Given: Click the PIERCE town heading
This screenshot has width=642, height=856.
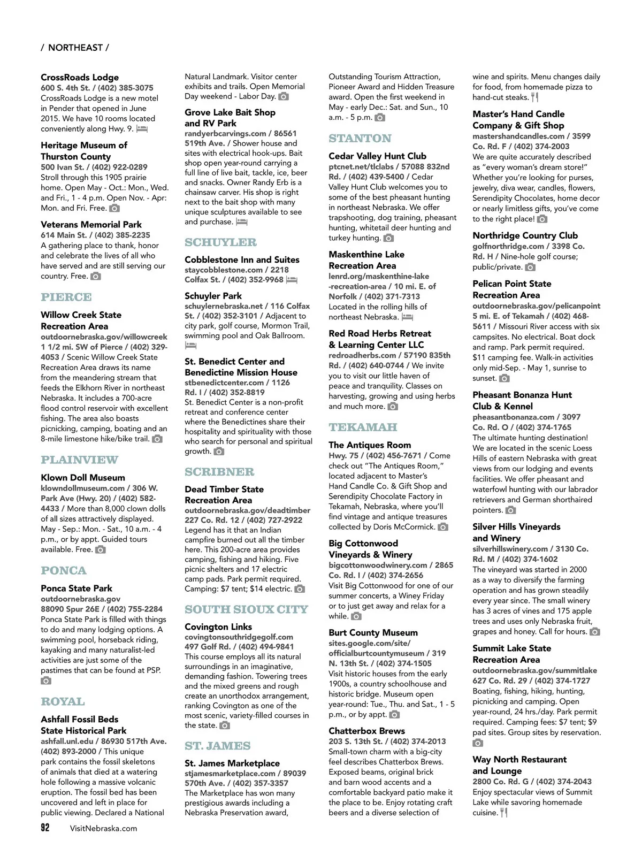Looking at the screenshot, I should point(66,297).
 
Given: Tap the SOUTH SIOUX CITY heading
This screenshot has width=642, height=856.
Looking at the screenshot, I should point(247,609).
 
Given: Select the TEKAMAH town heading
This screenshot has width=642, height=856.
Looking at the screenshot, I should point(363,427).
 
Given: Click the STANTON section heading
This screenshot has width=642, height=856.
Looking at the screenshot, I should point(360,139).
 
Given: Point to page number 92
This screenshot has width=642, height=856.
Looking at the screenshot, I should point(45,828).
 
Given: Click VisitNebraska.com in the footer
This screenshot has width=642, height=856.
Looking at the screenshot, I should point(103,828).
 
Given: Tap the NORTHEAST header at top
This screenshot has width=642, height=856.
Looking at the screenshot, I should point(75,48).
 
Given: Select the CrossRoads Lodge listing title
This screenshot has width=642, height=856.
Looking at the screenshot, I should point(80,77).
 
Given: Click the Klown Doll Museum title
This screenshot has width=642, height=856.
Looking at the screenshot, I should point(83,477).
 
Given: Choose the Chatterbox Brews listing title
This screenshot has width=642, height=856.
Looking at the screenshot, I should point(366,731).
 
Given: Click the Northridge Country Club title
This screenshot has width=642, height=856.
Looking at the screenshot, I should point(525,235).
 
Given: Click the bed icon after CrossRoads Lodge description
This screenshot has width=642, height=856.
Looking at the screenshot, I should point(142,129).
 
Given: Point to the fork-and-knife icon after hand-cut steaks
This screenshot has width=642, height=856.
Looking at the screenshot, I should point(534,97).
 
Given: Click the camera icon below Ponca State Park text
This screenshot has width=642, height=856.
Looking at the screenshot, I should point(47,681).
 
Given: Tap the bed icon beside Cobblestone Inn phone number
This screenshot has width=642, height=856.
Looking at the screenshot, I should point(292,280).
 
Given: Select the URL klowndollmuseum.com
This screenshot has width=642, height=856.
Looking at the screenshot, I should point(83,488).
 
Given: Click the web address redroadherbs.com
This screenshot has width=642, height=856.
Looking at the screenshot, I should point(363,355).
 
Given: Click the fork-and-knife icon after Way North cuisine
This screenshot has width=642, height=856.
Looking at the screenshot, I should point(504,813).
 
